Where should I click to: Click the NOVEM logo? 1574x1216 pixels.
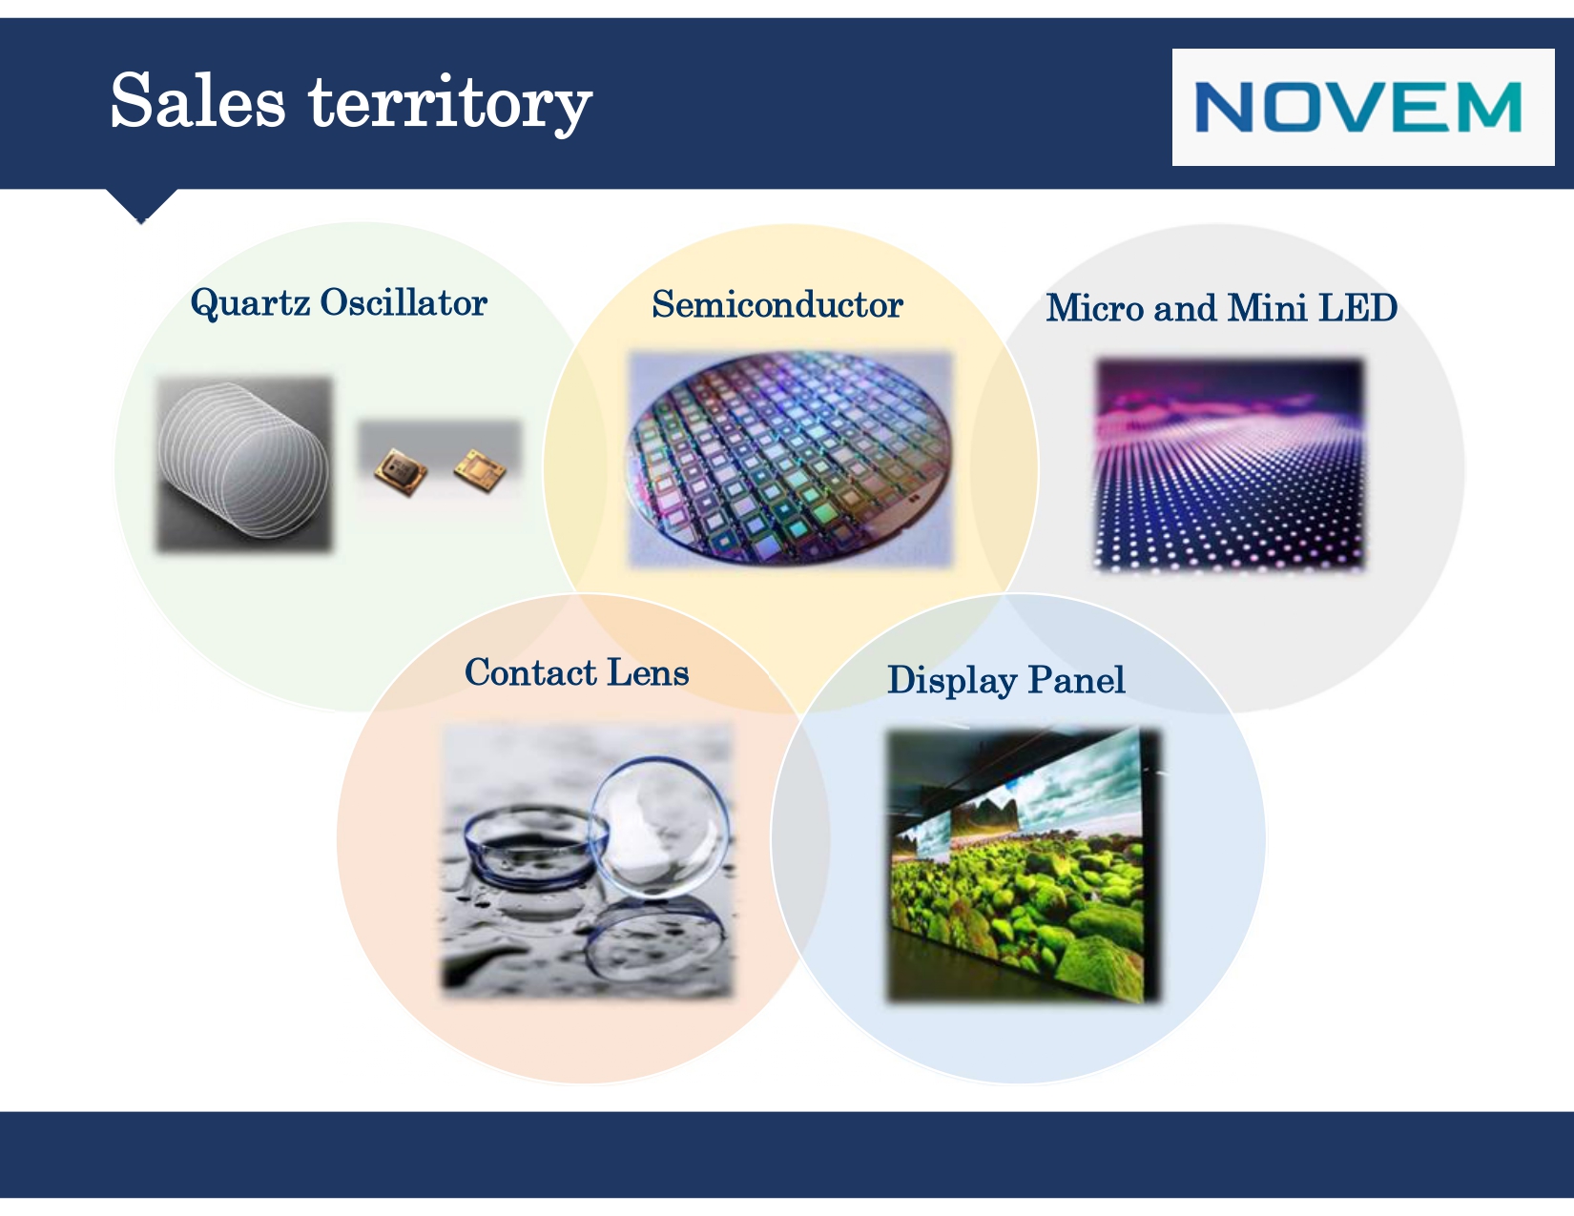pyautogui.click(x=1357, y=107)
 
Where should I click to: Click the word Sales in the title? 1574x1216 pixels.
pyautogui.click(x=197, y=101)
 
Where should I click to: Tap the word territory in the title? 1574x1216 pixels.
pyautogui.click(x=450, y=104)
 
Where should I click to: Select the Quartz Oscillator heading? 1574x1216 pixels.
pyautogui.click(x=339, y=302)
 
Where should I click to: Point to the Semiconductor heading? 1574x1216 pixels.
pyautogui.click(x=777, y=304)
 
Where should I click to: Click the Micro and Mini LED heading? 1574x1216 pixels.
pyautogui.click(x=1221, y=308)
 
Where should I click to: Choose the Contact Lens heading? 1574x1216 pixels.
pyautogui.click(x=576, y=672)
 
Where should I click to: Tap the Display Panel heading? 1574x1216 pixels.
pyautogui.click(x=1006, y=680)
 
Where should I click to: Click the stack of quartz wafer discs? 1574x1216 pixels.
pyautogui.click(x=243, y=461)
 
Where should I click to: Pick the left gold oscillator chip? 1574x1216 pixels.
pyautogui.click(x=401, y=471)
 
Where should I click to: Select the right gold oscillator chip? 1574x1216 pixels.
pyautogui.click(x=480, y=470)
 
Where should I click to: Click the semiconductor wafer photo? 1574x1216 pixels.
pyautogui.click(x=790, y=459)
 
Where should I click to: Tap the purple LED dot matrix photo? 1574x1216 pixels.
pyautogui.click(x=1230, y=464)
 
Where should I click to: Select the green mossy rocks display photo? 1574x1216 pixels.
pyautogui.click(x=1023, y=865)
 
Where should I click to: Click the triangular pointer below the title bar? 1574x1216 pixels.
pyautogui.click(x=141, y=204)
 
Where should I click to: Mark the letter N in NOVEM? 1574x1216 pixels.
pyautogui.click(x=1223, y=107)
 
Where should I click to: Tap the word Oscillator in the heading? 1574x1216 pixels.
pyautogui.click(x=404, y=302)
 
